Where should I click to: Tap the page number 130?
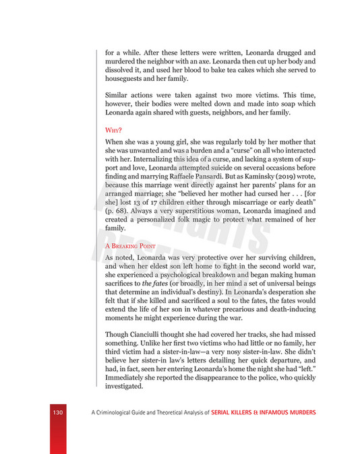58,412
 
